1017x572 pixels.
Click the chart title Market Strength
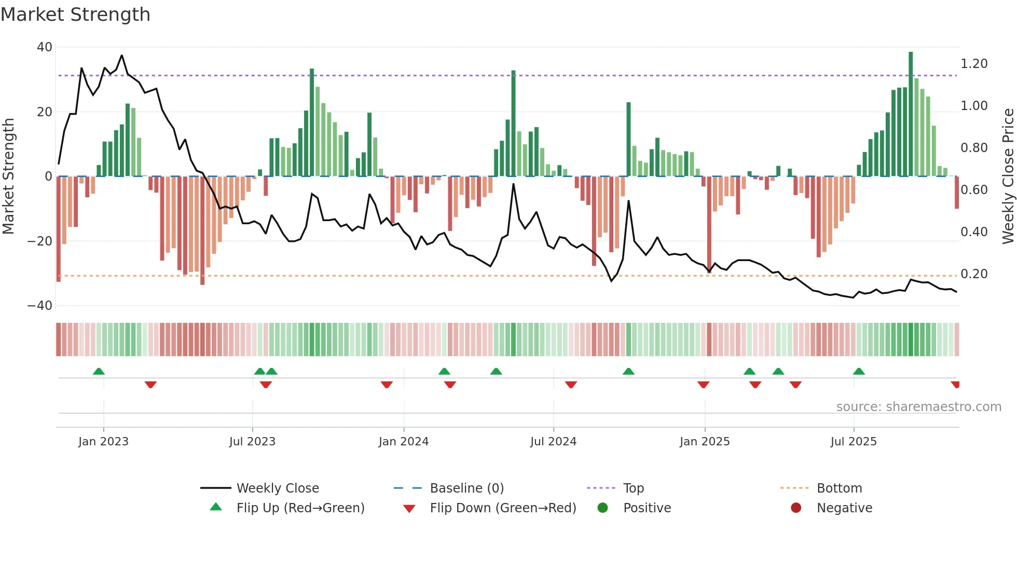pos(75,15)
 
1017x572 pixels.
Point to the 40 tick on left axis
pos(45,47)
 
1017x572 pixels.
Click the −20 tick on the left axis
pos(40,241)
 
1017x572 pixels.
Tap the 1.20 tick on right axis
pos(974,64)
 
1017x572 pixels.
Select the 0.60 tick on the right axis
pos(974,190)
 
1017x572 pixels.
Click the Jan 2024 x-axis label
pos(404,442)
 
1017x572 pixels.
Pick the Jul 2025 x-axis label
pos(854,442)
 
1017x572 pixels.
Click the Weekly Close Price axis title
pos(1008,176)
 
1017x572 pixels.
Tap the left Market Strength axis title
pos(9,176)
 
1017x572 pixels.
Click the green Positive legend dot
pos(602,508)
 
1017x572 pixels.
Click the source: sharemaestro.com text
pos(918,407)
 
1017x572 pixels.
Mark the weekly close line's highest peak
pos(122,56)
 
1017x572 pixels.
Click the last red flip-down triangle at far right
pos(955,385)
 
